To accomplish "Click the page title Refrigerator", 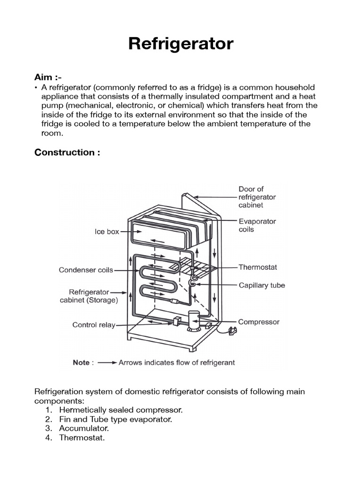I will [x=181, y=44].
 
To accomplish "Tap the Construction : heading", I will [x=67, y=153].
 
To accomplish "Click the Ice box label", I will [x=107, y=232].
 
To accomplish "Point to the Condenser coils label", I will [x=86, y=270].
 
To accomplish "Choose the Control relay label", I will [x=93, y=325].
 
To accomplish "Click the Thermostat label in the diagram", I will [x=258, y=267].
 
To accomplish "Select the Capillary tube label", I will [x=262, y=285].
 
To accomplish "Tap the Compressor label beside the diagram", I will [x=259, y=322].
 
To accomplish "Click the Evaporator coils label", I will [x=257, y=225].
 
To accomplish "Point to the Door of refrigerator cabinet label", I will [x=257, y=197].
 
